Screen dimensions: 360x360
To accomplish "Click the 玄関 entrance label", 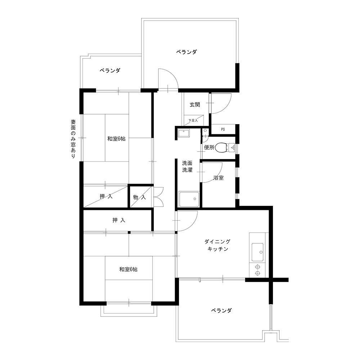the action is point(195,105).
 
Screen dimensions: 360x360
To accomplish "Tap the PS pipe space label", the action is point(223,129).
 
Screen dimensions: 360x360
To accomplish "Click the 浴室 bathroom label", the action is point(219,178).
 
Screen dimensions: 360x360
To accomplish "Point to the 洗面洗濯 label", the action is point(187,167).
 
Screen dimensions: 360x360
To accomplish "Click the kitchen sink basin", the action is point(257,252).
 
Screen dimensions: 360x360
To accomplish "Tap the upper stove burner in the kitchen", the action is point(257,267).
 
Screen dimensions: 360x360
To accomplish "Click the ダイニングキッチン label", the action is point(217,245).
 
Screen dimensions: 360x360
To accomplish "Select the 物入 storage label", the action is point(139,197).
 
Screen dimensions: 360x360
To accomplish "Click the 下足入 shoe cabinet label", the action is point(193,120).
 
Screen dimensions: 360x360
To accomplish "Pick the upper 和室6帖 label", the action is point(116,139).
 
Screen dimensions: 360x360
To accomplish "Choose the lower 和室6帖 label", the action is point(129,269).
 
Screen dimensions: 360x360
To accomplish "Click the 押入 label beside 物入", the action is point(106,196).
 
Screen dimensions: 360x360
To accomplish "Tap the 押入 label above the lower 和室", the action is point(119,220).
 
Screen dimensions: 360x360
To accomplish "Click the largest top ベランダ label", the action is point(186,52).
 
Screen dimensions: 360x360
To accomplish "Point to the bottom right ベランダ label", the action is point(221,311).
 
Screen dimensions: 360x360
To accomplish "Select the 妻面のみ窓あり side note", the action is point(73,139).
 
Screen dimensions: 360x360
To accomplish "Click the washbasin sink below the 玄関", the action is point(184,133).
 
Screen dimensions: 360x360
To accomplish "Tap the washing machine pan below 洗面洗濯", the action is point(189,199).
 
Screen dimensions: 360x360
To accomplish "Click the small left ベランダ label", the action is point(110,71).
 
